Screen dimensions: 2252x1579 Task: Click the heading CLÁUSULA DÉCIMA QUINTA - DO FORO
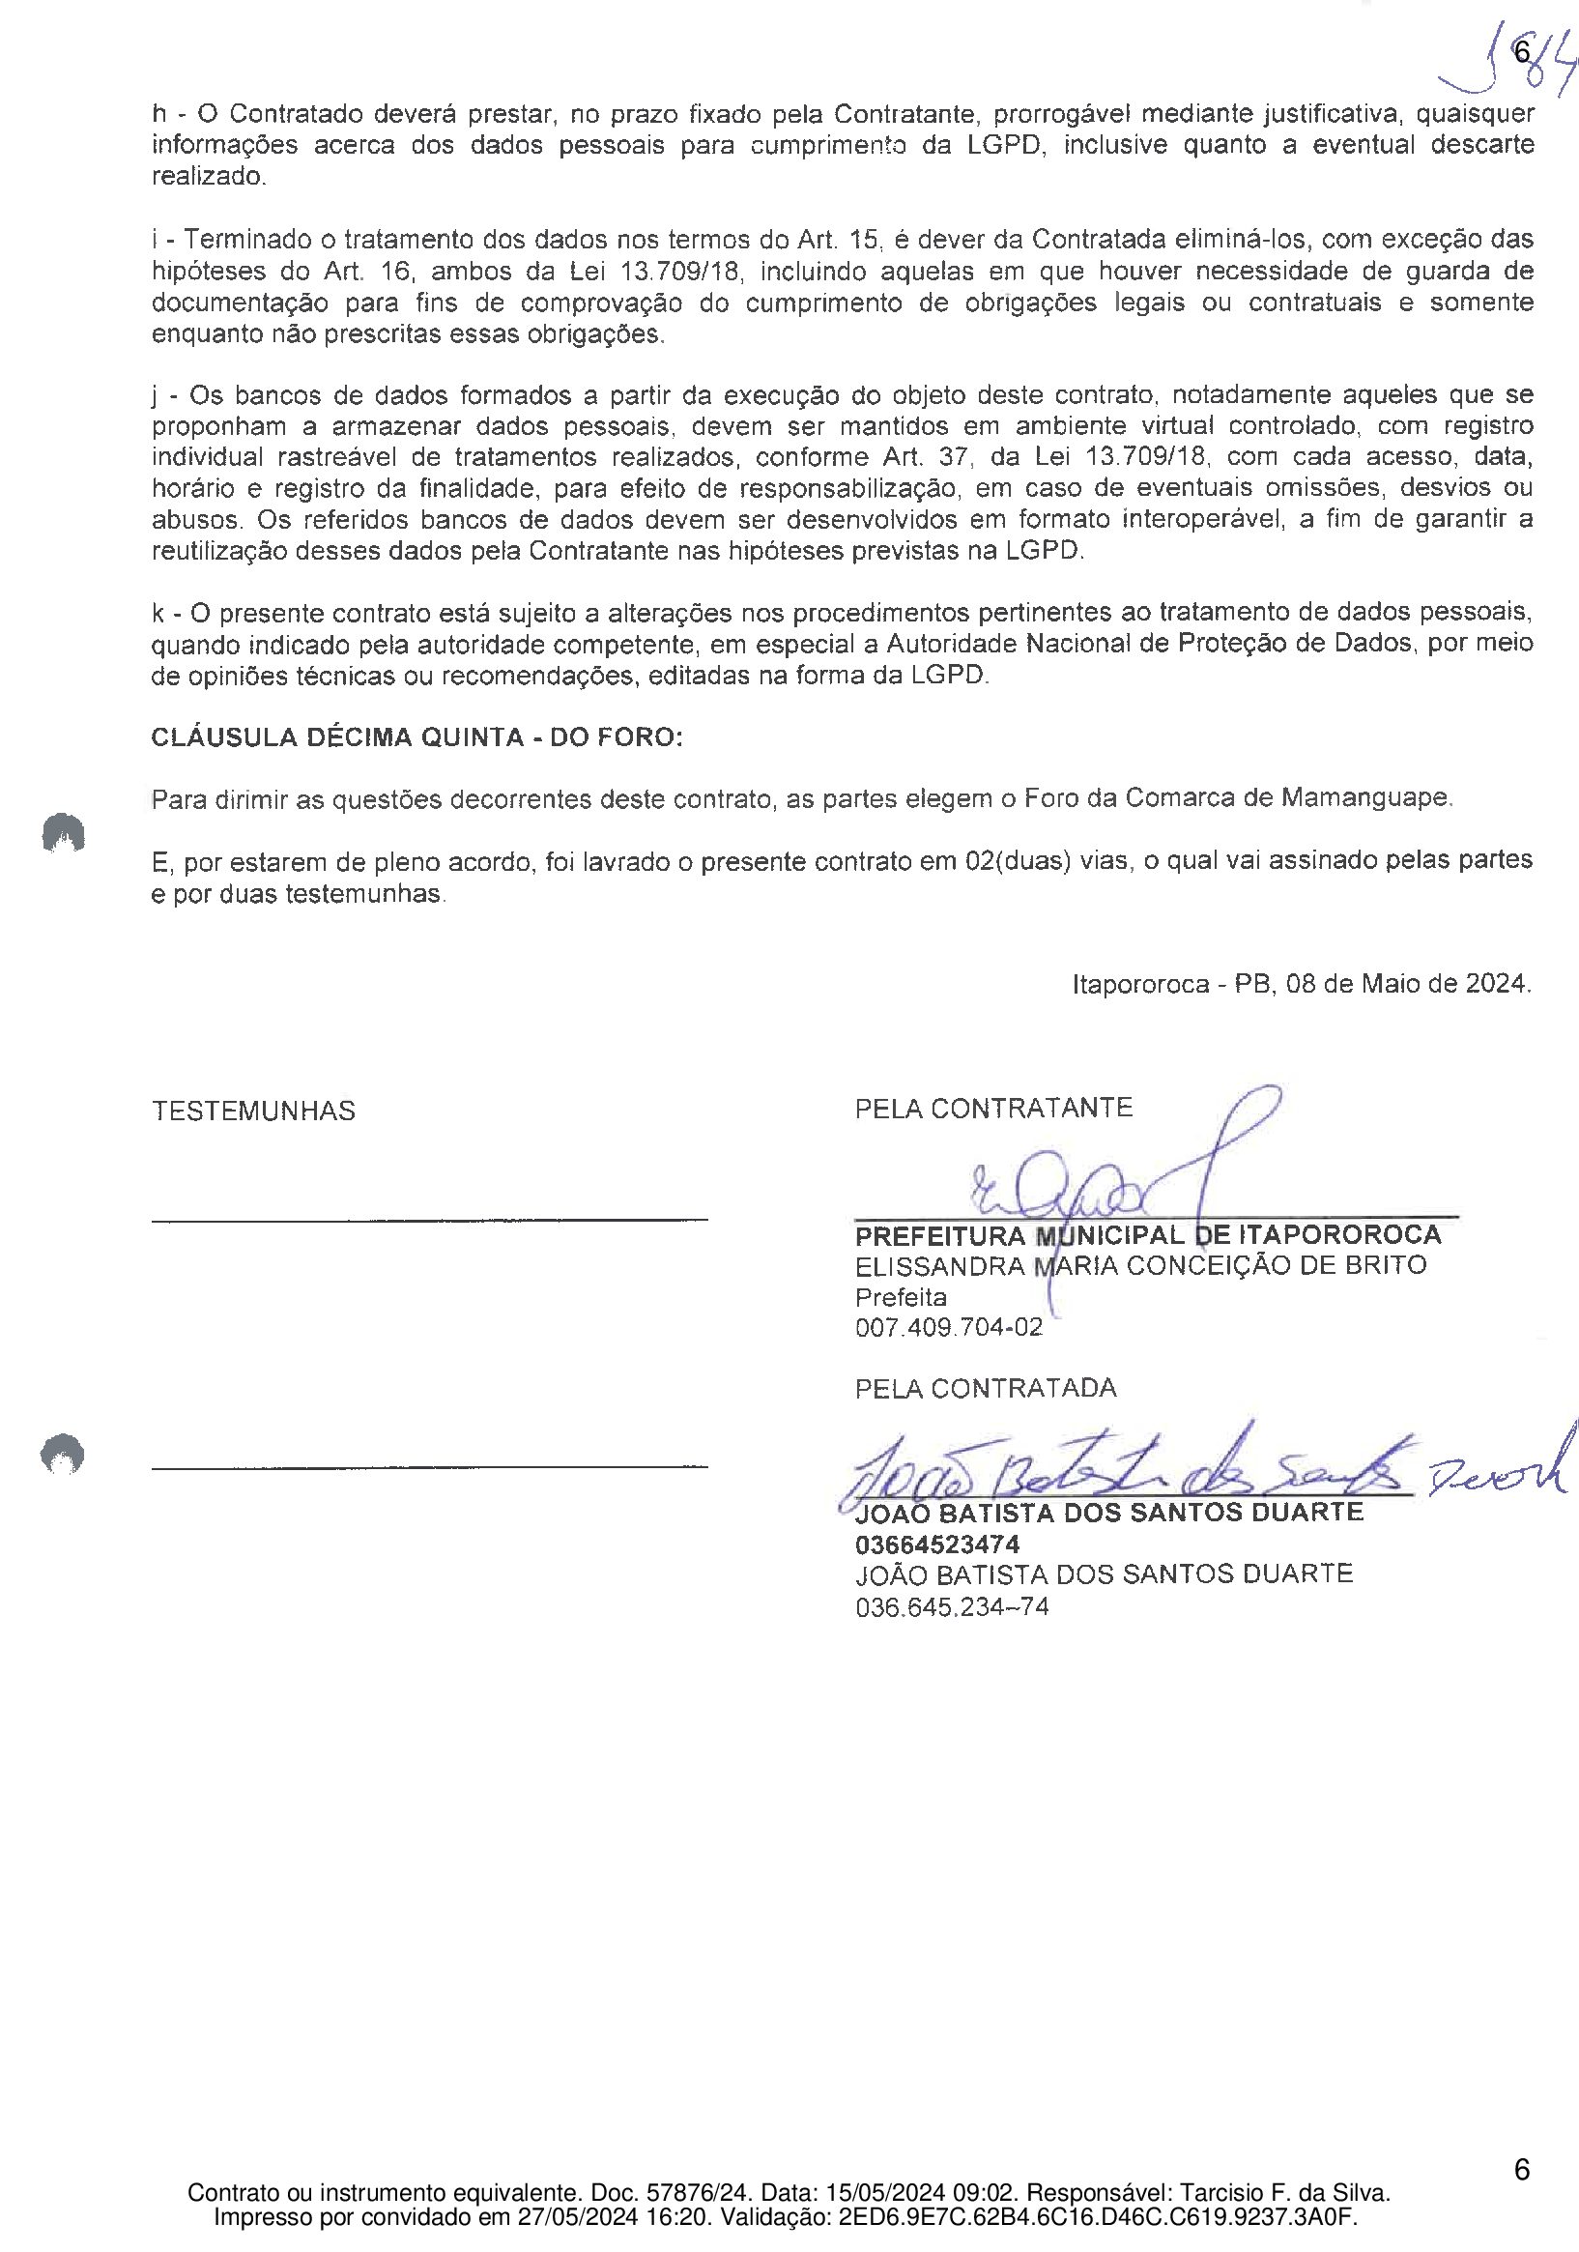(x=416, y=737)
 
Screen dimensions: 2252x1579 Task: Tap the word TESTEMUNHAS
(x=253, y=1111)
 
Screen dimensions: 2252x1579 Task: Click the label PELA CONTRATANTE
(x=993, y=1109)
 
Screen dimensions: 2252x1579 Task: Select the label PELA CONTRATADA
(x=986, y=1388)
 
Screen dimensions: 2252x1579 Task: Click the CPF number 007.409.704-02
(x=948, y=1328)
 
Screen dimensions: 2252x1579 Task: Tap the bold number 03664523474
(x=936, y=1545)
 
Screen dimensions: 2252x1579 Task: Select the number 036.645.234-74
(x=951, y=1607)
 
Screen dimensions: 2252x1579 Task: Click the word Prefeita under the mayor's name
(x=901, y=1298)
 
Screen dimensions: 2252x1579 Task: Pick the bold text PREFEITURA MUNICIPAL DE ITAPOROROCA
(x=1147, y=1235)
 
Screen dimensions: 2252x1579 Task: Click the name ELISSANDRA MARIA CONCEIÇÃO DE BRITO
(x=1139, y=1265)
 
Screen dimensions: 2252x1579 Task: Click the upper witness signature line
(x=430, y=1219)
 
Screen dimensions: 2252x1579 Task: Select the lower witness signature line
(x=430, y=1467)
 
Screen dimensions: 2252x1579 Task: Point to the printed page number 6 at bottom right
(x=1521, y=2170)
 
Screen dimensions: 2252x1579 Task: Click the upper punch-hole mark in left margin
(x=63, y=833)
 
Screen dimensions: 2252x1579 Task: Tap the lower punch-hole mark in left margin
(x=63, y=1454)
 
